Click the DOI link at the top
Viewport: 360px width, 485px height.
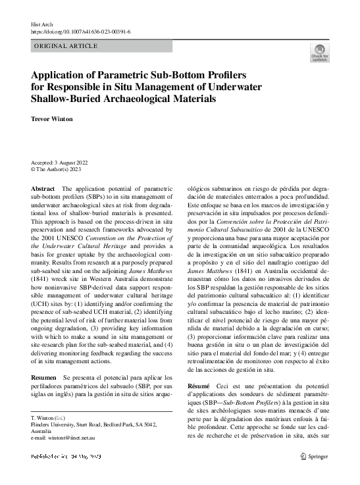tap(81, 31)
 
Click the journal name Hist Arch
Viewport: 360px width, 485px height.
tap(42, 23)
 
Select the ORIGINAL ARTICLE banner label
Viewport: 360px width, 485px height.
tap(66, 46)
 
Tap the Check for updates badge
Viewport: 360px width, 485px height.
tap(320, 53)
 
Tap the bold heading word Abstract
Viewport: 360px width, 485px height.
tap(43, 188)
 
